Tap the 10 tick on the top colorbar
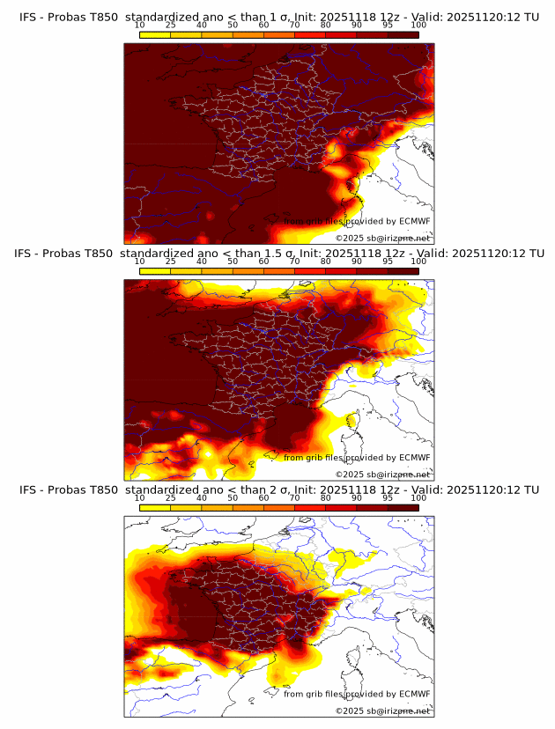click(x=140, y=25)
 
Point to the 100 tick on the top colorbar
click(x=418, y=25)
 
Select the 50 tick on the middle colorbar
click(x=233, y=261)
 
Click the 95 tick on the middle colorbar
click(x=388, y=261)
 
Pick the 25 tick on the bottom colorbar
click(x=171, y=497)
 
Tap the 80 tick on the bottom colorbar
click(x=326, y=497)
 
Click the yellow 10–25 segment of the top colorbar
click(x=155, y=33)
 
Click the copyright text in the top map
click(x=382, y=239)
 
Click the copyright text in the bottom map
click(x=382, y=711)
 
